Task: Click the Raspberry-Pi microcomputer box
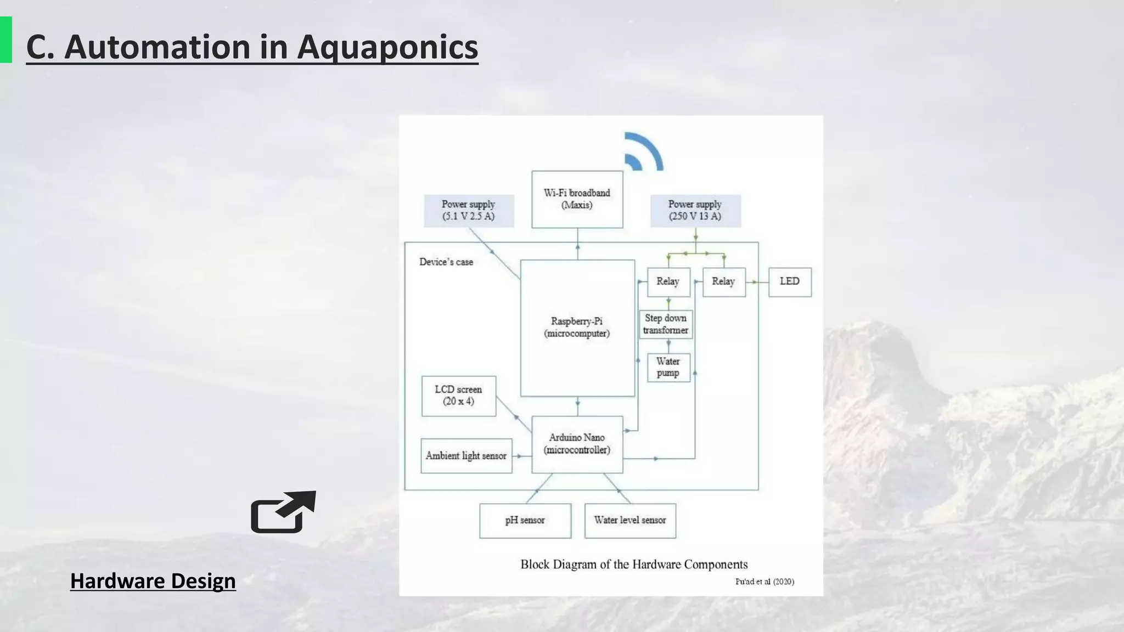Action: [x=577, y=328]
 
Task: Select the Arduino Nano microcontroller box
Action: [x=577, y=444]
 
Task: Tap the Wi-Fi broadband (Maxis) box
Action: [x=577, y=199]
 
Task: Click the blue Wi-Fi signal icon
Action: [x=643, y=152]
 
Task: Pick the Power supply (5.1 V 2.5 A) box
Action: [x=469, y=211]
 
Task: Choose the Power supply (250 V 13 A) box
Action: [x=695, y=211]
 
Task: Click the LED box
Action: [x=789, y=282]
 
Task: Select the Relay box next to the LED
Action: [x=723, y=282]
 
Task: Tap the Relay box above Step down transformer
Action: [x=668, y=282]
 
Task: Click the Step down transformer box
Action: [x=665, y=324]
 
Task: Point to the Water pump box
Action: [x=668, y=367]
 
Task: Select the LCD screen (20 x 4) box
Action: [x=458, y=396]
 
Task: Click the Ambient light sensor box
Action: [x=466, y=456]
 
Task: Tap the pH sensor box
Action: [x=525, y=521]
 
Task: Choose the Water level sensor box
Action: [x=630, y=521]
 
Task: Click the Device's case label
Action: [x=446, y=262]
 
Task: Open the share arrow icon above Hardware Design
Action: [x=283, y=512]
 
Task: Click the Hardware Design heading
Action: [x=153, y=581]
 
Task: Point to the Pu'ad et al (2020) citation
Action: [x=764, y=582]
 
